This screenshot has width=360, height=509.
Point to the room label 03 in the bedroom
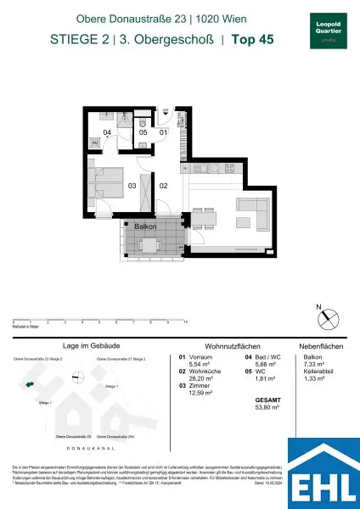tap(132, 185)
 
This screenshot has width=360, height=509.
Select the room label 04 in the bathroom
tap(107, 133)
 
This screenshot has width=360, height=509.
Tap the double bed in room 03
tap(107, 181)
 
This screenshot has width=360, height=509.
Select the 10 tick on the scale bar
tap(186, 323)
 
